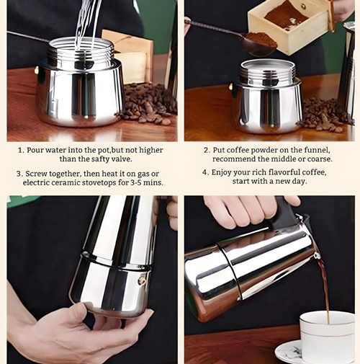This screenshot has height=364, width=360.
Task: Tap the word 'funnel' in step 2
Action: point(317,150)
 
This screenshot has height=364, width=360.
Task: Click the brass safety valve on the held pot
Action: point(142,280)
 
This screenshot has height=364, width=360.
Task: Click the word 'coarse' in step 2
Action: point(320,159)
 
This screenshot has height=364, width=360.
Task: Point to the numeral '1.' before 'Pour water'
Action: point(22,151)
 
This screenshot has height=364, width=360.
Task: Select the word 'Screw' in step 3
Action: point(36,174)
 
